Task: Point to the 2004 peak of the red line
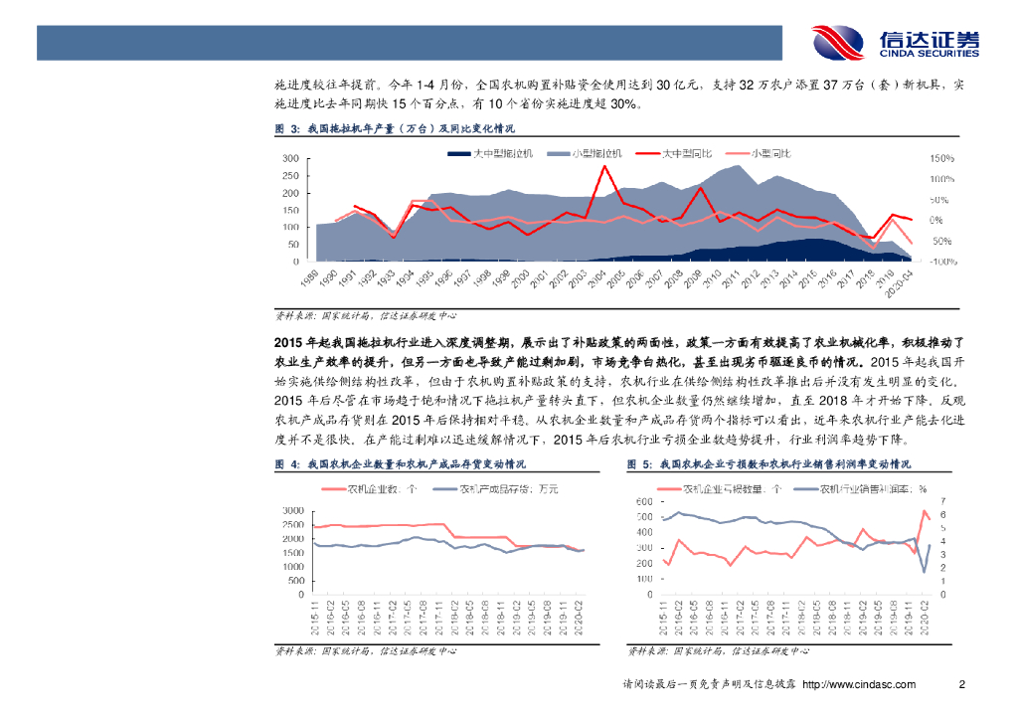pyautogui.click(x=603, y=166)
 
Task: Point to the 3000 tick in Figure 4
pyautogui.click(x=291, y=510)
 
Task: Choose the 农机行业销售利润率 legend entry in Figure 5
pyautogui.click(x=864, y=489)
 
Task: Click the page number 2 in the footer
pyautogui.click(x=961, y=684)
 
